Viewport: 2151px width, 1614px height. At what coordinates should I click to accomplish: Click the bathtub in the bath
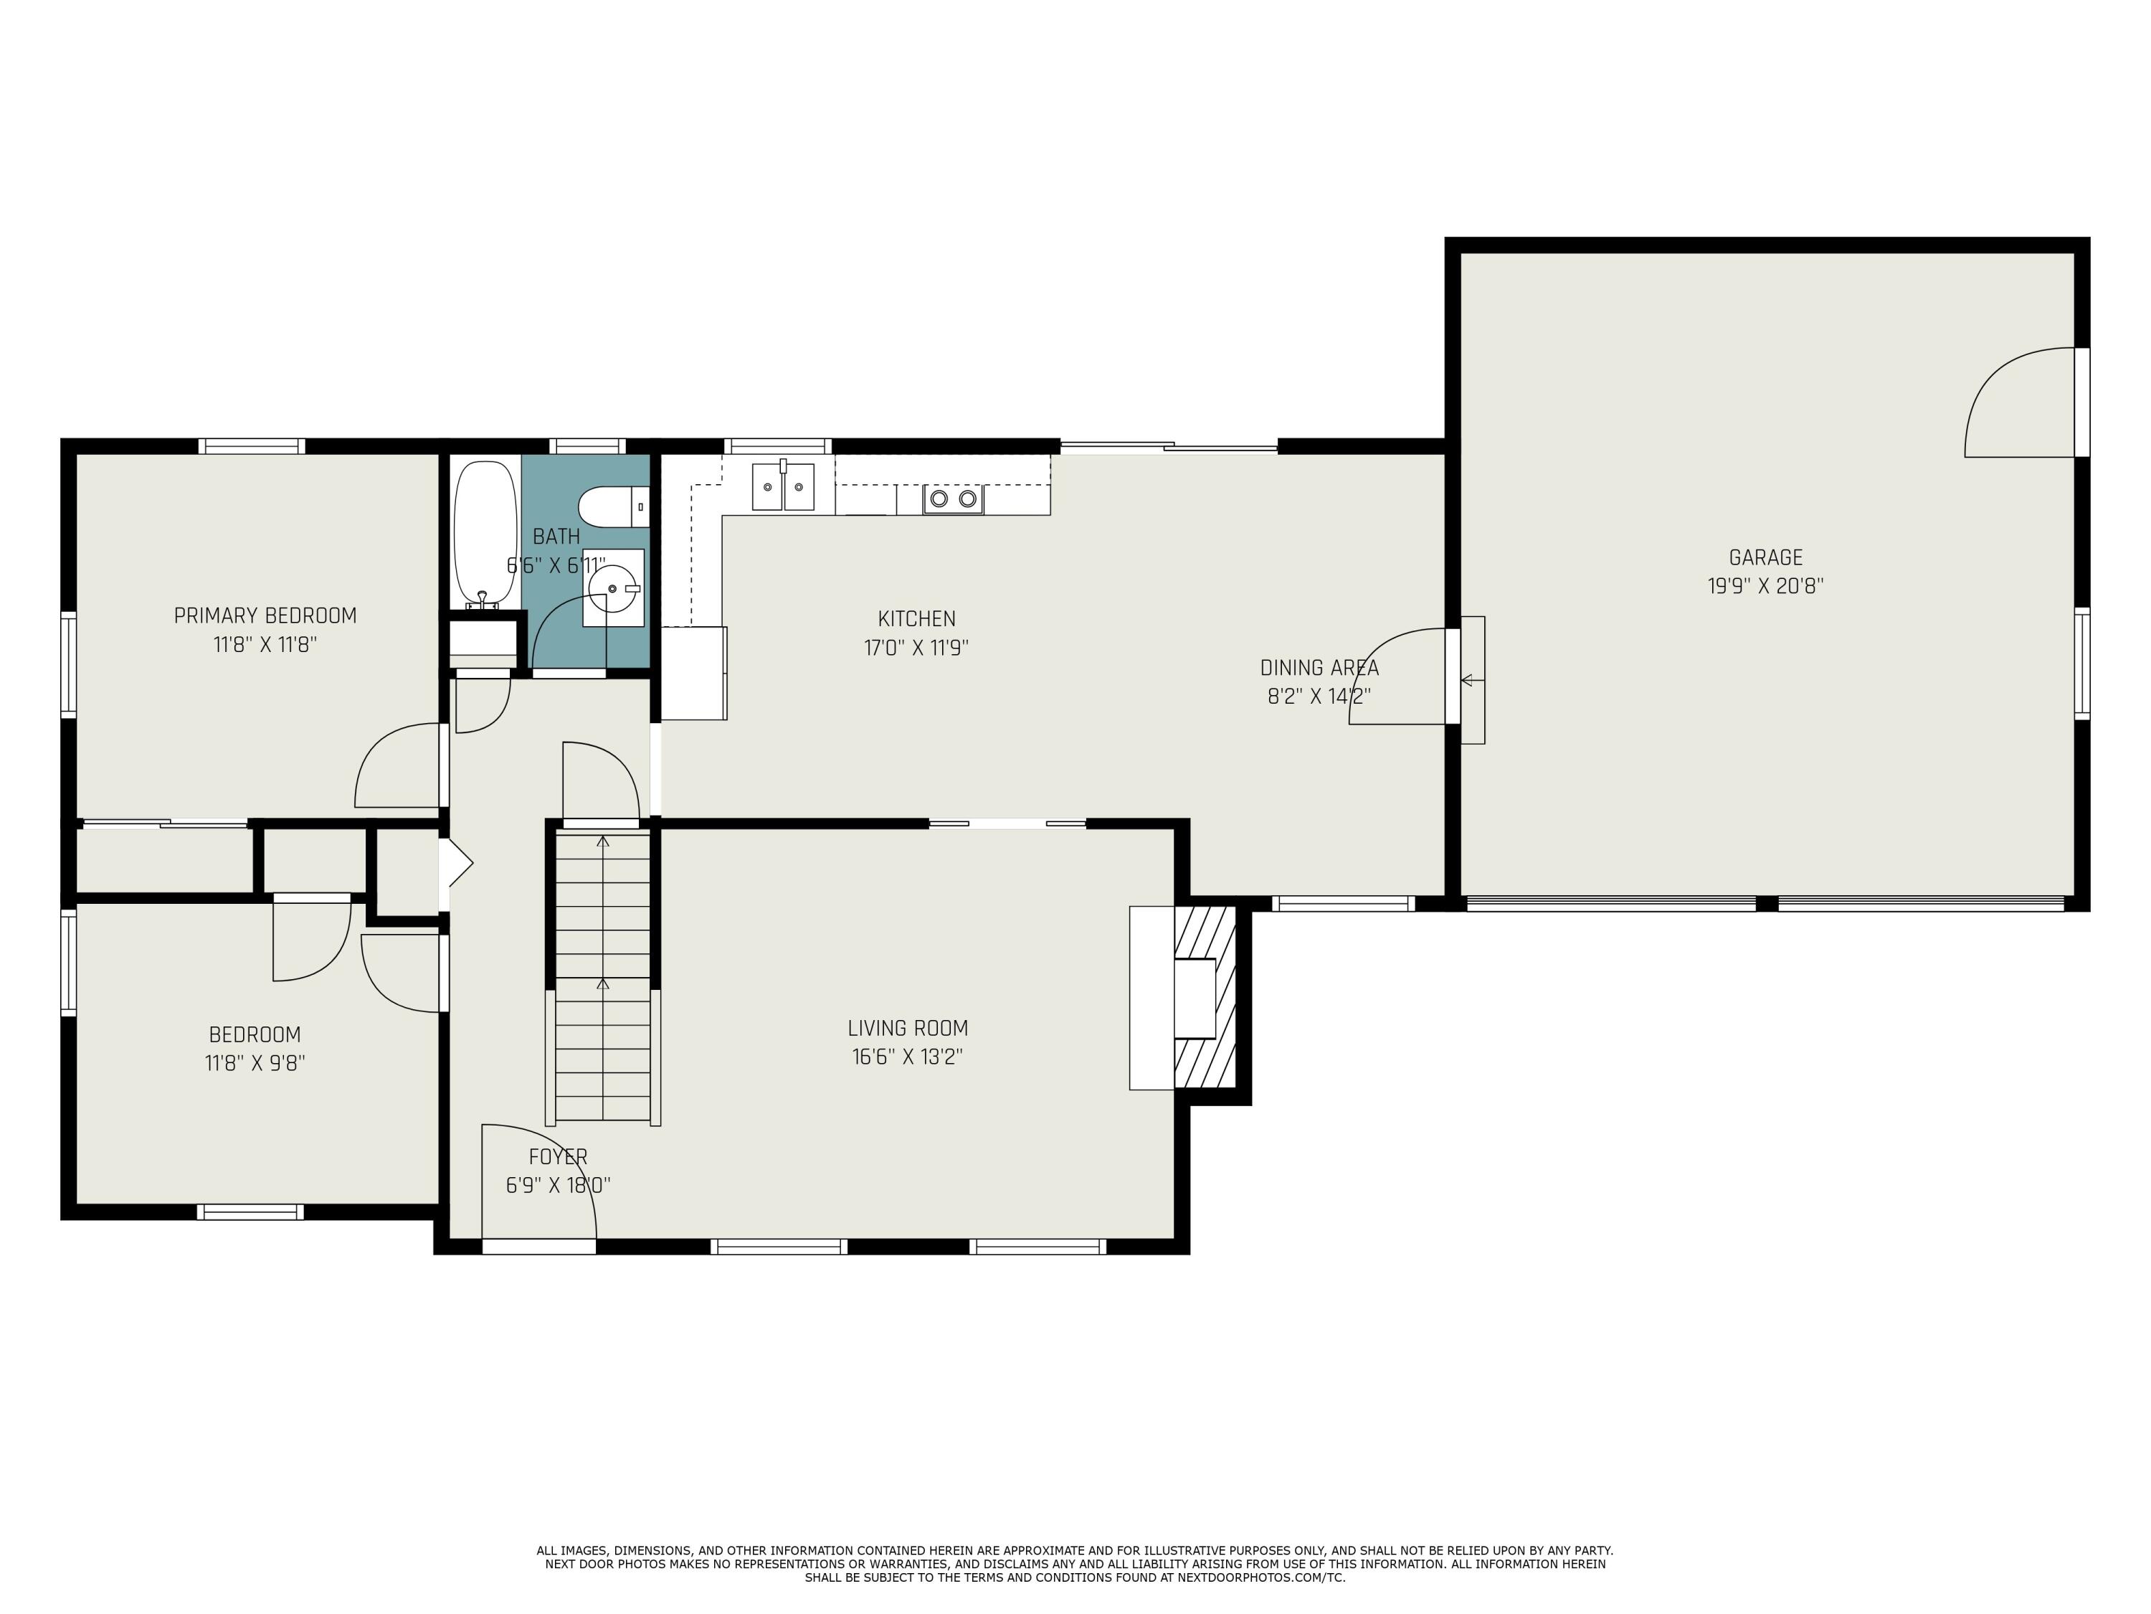(x=485, y=532)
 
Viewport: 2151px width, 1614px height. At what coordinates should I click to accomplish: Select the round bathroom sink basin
(x=612, y=587)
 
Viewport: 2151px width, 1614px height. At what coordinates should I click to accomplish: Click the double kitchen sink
(x=783, y=486)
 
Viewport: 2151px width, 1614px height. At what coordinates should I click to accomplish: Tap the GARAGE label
(x=1765, y=557)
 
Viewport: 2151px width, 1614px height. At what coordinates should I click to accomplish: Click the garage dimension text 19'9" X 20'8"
(x=1765, y=587)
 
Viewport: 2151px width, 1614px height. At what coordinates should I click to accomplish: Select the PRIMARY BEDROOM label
(x=265, y=615)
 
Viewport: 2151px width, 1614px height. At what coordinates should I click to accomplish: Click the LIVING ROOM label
(x=907, y=1029)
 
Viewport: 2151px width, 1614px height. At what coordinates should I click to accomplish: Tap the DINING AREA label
(x=1319, y=669)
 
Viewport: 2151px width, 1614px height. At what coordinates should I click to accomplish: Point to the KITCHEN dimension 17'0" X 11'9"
(x=916, y=648)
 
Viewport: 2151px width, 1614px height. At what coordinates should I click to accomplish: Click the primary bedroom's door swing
(x=397, y=767)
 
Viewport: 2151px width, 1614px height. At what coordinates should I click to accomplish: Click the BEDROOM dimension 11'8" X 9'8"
(x=255, y=1063)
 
